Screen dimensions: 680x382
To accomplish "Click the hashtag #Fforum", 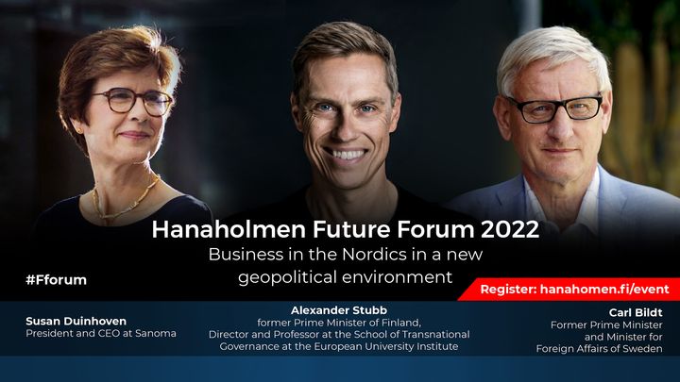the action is tap(57, 280).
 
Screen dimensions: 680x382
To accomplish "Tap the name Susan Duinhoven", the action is tap(76, 321).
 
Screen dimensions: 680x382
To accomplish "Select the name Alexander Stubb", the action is tap(339, 310).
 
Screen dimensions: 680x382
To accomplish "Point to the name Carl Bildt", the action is tap(636, 312).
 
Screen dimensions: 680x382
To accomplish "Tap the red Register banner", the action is tap(569, 289).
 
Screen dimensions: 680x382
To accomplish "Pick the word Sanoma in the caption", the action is tap(156, 334).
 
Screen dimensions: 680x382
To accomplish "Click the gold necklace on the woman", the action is tap(127, 200).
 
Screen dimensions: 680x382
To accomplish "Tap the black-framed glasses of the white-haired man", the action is tap(556, 108).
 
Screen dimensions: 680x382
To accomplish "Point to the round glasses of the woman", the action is tap(132, 102).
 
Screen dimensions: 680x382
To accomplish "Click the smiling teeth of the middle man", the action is tap(346, 154).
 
